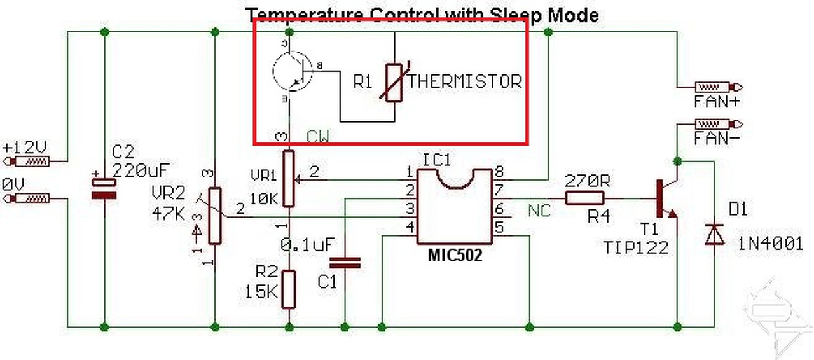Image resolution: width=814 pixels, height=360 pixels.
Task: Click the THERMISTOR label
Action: pyautogui.click(x=465, y=81)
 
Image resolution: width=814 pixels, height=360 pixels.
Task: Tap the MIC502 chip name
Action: pyautogui.click(x=455, y=256)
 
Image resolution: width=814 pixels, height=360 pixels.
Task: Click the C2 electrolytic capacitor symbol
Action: pyautogui.click(x=104, y=188)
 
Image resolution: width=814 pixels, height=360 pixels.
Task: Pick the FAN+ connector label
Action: pyautogui.click(x=710, y=101)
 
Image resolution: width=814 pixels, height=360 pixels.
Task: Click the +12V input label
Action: pyautogui.click(x=25, y=148)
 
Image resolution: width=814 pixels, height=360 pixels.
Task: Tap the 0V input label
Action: pyautogui.click(x=13, y=184)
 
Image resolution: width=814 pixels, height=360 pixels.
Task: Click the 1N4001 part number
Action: pyautogui.click(x=770, y=243)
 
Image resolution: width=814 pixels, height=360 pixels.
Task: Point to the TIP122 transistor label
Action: pyautogui.click(x=637, y=247)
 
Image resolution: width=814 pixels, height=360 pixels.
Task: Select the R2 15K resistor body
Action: pyautogui.click(x=289, y=288)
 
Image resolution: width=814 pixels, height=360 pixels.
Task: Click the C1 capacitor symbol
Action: pyautogui.click(x=345, y=262)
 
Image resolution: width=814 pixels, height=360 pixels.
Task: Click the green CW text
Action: pyautogui.click(x=318, y=137)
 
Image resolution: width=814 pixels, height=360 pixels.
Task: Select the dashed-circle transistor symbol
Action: pyautogui.click(x=293, y=71)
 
